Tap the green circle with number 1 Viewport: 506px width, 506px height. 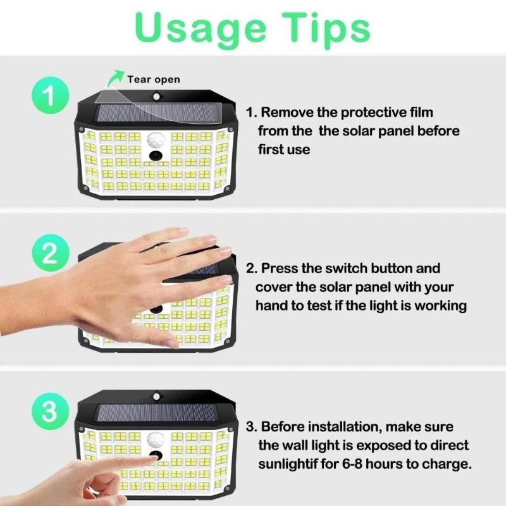coord(50,97)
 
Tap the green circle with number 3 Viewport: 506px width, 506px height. coord(50,412)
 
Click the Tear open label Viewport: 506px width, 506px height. coord(154,79)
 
